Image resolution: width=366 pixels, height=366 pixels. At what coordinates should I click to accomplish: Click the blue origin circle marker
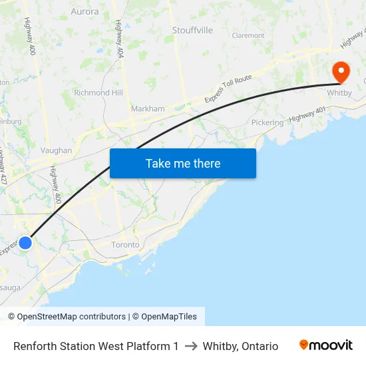[25, 243]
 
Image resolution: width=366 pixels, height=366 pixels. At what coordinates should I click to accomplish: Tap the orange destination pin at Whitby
[341, 72]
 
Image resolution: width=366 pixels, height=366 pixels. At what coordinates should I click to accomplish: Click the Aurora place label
[85, 11]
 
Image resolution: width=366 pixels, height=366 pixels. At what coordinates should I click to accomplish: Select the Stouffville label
[192, 31]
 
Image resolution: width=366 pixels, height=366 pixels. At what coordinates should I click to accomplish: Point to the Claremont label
[248, 36]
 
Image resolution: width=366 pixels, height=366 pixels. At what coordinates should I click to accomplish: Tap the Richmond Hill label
[98, 92]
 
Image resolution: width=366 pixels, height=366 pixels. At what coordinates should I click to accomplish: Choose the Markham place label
[148, 108]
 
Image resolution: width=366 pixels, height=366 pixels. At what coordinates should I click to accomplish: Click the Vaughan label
[56, 150]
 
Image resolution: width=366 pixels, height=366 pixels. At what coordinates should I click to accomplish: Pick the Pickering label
[267, 122]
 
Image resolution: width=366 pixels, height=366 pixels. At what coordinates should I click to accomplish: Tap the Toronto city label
[125, 245]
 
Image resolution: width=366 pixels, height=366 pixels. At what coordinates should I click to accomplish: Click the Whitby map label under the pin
[339, 93]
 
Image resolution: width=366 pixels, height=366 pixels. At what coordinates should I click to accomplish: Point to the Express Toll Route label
[228, 89]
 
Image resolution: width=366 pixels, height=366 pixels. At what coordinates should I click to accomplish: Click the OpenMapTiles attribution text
[168, 317]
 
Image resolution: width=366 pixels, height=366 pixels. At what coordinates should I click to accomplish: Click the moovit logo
[326, 345]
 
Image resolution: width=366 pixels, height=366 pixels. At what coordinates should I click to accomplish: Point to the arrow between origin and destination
[191, 346]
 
